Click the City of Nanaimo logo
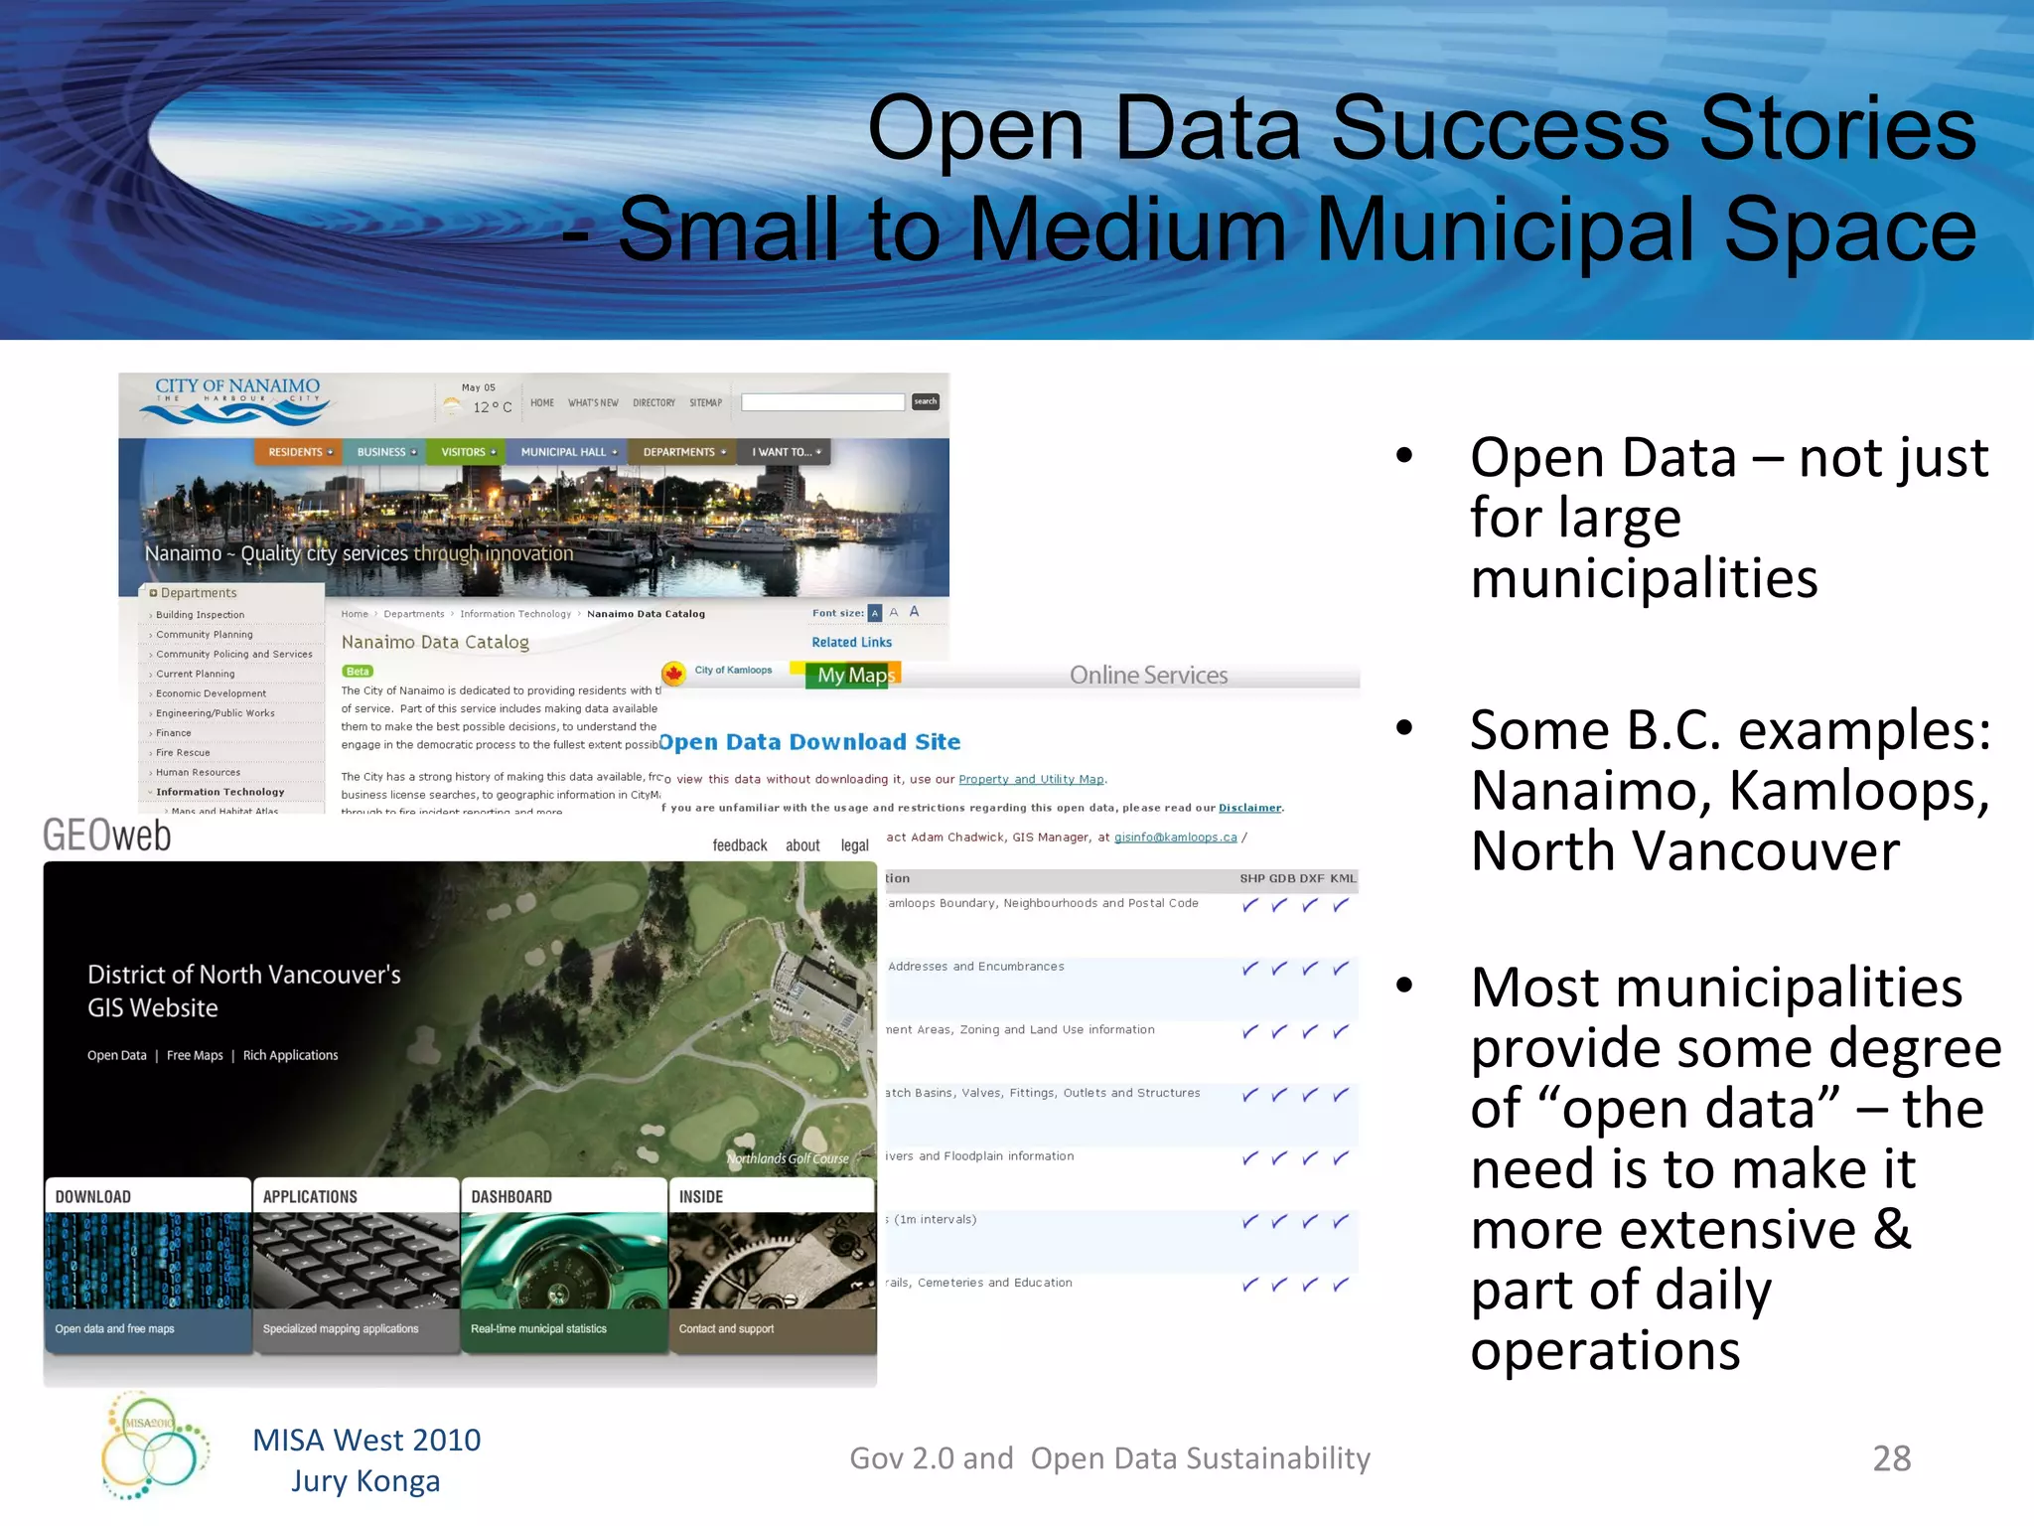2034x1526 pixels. coord(237,399)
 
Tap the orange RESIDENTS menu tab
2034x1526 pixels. coord(298,452)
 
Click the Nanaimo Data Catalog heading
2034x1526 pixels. coord(435,643)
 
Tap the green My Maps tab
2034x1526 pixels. coord(855,676)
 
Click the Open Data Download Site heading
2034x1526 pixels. coord(809,742)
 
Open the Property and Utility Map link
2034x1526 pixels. coord(1031,780)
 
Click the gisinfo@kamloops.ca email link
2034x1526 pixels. coord(1175,838)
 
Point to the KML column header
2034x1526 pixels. coord(1343,878)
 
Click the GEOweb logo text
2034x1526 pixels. coord(107,837)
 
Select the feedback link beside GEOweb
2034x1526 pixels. coord(740,845)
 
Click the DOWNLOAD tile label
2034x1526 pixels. coord(93,1197)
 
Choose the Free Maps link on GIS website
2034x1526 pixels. coord(195,1055)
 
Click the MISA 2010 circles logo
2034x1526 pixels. coord(154,1445)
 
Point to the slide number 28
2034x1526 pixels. coord(1891,1458)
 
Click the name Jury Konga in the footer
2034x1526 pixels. coord(365,1481)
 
